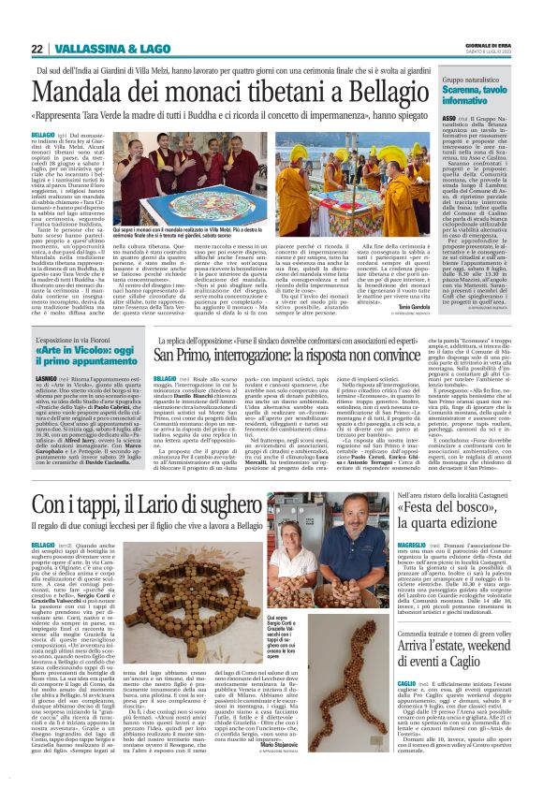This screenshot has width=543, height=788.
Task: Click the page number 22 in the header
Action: tap(36, 48)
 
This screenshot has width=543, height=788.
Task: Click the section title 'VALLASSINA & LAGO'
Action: tap(105, 48)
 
